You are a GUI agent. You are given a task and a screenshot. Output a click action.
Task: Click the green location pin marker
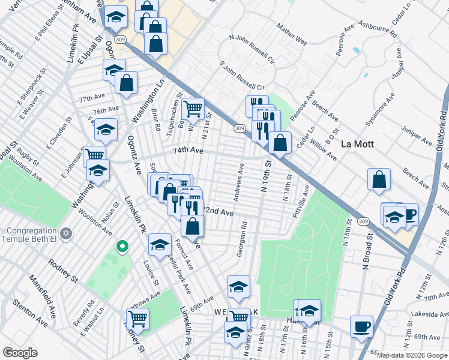pyautogui.click(x=122, y=246)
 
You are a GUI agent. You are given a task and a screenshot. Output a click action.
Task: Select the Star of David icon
pyautogui.click(x=67, y=232)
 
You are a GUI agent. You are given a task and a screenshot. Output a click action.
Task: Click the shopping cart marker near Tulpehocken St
pyautogui.click(x=192, y=109)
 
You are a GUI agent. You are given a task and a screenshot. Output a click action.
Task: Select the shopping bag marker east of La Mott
pyautogui.click(x=379, y=179)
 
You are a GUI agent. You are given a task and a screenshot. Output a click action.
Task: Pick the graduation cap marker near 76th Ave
pyautogui.click(x=106, y=130)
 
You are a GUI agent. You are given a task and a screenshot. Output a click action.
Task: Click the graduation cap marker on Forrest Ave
pyautogui.click(x=160, y=245)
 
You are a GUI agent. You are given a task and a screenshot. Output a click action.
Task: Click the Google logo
pyautogui.click(x=20, y=353)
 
